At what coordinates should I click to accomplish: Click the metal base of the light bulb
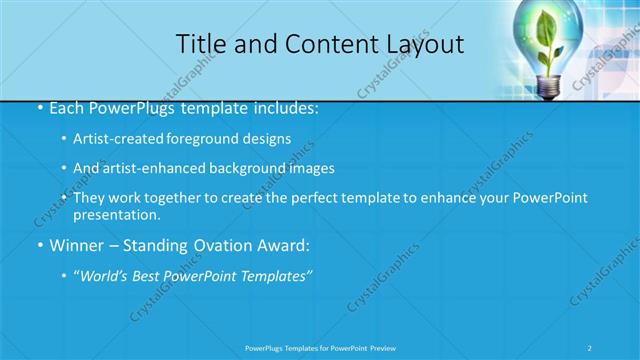[x=549, y=87]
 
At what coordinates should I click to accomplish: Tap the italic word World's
[x=107, y=276]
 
